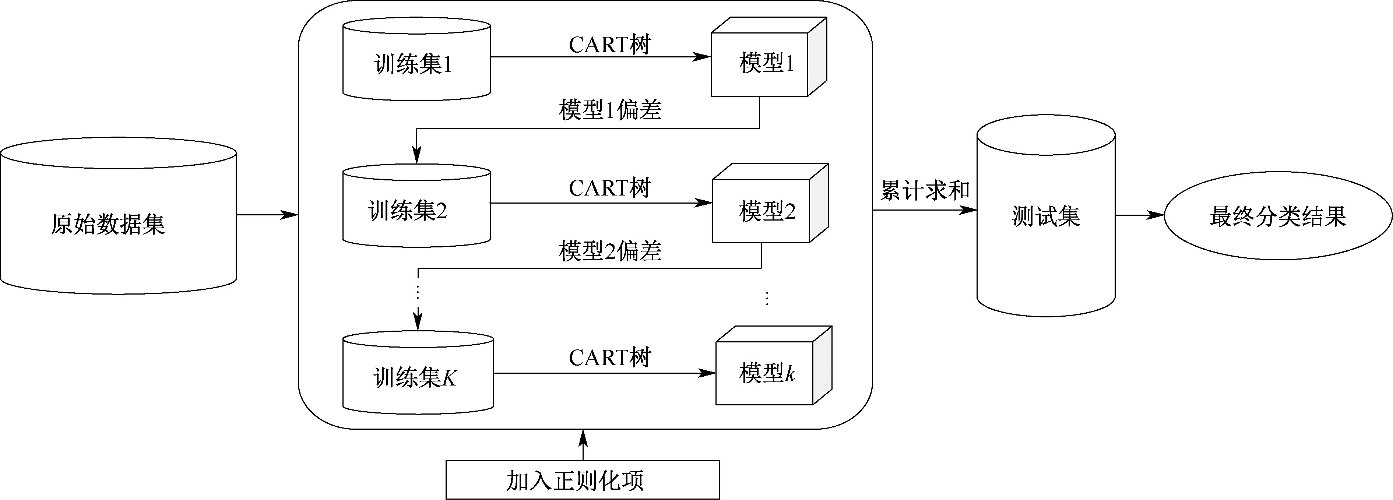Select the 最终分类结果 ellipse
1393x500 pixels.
pyautogui.click(x=1277, y=216)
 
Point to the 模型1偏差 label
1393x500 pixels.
pyautogui.click(x=610, y=110)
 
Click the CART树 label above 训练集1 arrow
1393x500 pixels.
pyautogui.click(x=609, y=44)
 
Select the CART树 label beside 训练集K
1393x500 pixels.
pyautogui.click(x=609, y=357)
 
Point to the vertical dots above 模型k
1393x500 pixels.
pyautogui.click(x=767, y=298)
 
